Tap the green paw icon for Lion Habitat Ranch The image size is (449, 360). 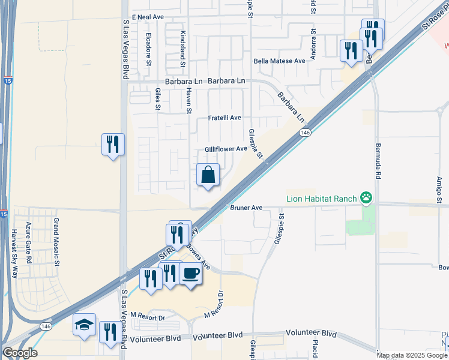tap(366, 197)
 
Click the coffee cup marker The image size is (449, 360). tap(191, 274)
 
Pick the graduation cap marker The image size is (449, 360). tap(84, 326)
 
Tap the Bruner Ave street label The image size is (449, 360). tap(247, 208)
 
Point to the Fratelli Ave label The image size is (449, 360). tap(224, 118)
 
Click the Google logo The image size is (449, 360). tap(20, 353)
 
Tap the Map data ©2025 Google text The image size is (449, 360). tap(412, 355)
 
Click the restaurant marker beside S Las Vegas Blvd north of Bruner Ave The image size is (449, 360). tap(113, 145)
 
